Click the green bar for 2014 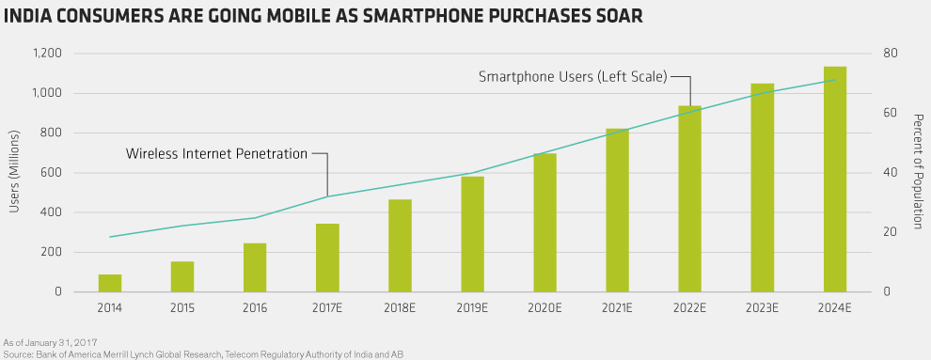(x=110, y=283)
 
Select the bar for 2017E (x=327, y=258)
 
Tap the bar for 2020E (x=544, y=223)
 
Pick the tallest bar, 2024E (x=835, y=180)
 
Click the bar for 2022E (x=690, y=198)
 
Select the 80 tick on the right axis (x=890, y=54)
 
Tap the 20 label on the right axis (x=890, y=232)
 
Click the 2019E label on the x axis (x=472, y=308)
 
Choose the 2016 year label (x=255, y=308)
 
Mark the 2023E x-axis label (x=763, y=308)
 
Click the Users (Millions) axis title (x=15, y=172)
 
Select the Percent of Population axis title (x=917, y=172)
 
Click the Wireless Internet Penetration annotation (x=216, y=154)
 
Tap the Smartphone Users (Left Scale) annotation (x=574, y=76)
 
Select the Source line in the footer (x=205, y=354)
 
